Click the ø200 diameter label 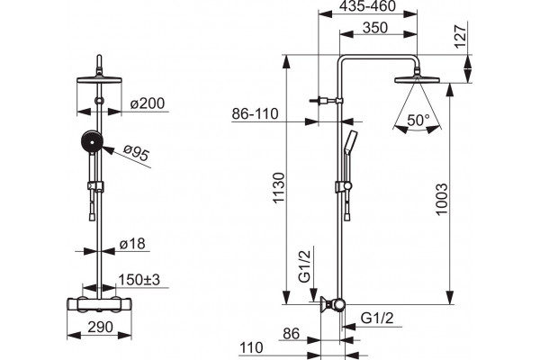[148, 103]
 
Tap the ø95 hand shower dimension [137, 152]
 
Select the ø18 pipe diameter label [132, 244]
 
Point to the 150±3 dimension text [139, 280]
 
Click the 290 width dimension [100, 327]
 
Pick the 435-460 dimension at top [367, 6]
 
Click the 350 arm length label [375, 28]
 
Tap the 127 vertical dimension [461, 36]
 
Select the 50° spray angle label [418, 121]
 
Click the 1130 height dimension [279, 187]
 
